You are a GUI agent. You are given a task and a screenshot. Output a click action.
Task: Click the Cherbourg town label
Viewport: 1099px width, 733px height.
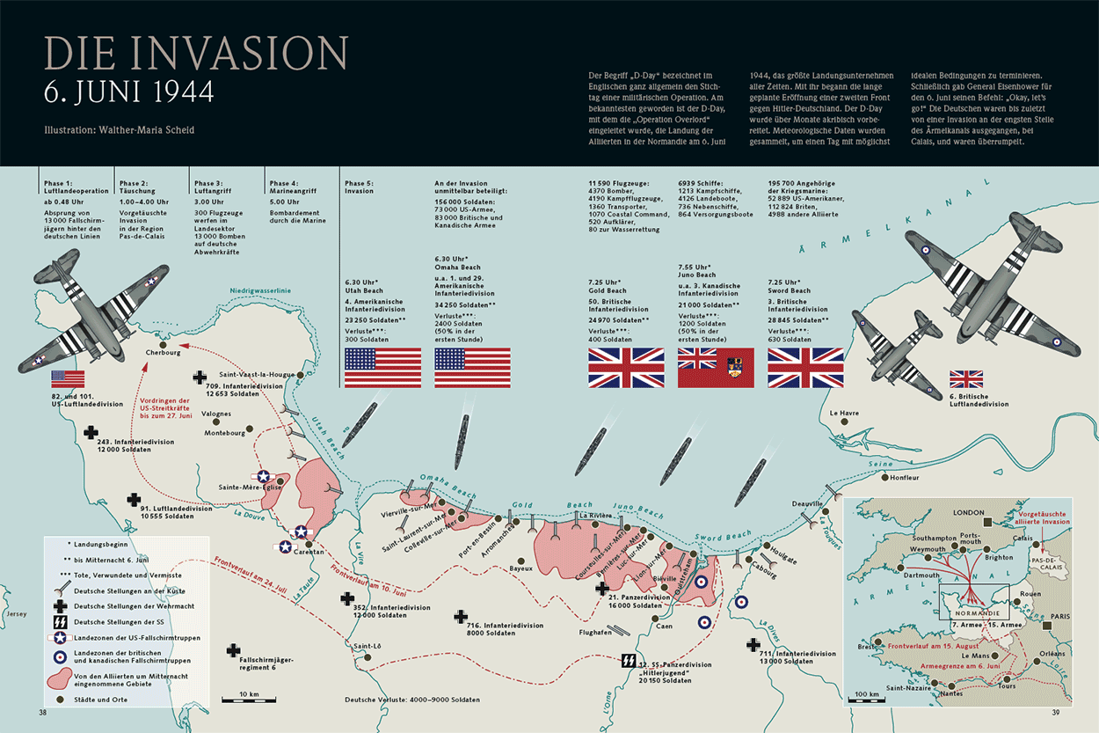(164, 353)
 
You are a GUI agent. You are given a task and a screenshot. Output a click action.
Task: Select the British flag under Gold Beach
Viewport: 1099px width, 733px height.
(626, 368)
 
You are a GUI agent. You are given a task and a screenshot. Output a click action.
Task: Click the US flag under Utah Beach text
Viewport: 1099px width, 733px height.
(382, 368)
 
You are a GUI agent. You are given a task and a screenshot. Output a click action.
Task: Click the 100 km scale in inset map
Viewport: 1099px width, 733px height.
(868, 695)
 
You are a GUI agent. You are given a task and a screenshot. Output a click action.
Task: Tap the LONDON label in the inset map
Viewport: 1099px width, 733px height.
(968, 512)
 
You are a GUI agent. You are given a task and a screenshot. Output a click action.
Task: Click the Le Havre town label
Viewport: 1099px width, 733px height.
(845, 413)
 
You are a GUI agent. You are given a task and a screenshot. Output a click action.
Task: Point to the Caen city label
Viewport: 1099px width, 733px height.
(664, 627)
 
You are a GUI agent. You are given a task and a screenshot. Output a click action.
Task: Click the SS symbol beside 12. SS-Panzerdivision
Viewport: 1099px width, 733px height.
(629, 660)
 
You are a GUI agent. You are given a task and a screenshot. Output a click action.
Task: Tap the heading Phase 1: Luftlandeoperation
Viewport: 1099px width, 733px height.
(76, 187)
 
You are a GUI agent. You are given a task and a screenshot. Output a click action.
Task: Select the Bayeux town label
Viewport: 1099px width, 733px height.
(521, 568)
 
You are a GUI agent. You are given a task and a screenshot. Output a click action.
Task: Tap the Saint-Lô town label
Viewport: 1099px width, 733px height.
(367, 646)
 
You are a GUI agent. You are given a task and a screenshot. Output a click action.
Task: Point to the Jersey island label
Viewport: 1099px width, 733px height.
(16, 613)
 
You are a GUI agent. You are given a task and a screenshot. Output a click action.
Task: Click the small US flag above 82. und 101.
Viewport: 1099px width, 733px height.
(69, 379)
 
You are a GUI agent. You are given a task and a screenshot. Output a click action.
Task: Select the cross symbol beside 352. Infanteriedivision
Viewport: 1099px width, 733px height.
(347, 598)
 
